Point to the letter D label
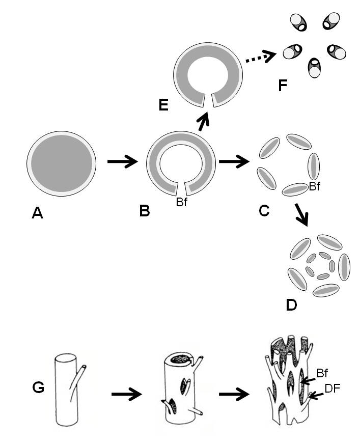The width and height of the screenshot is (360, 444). pyautogui.click(x=291, y=304)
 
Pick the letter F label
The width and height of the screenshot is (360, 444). pyautogui.click(x=283, y=85)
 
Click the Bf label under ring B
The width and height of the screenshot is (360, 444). pyautogui.click(x=182, y=203)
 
